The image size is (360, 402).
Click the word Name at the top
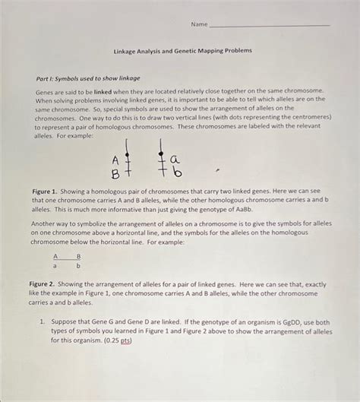coord(199,24)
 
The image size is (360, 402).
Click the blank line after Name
coord(269,25)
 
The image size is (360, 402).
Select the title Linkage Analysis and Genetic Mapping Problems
coord(182,51)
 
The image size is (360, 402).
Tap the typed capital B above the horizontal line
coord(78,256)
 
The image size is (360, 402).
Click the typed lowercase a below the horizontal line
coord(55,266)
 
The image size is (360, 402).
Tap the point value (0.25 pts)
coord(118,340)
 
